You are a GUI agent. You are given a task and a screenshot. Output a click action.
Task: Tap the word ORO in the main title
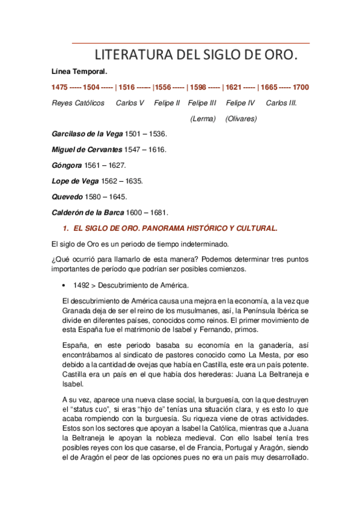[x=278, y=56]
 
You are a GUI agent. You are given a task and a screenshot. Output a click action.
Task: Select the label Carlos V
[x=130, y=103]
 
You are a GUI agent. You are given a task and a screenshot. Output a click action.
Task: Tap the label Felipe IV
[x=240, y=103]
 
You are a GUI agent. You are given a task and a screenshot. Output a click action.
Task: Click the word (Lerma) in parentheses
[x=203, y=118]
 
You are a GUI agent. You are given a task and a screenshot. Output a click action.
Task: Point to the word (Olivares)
[x=241, y=118]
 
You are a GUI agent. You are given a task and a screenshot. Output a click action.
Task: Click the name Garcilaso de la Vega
[x=87, y=134]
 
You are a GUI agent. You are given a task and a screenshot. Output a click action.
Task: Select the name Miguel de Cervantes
[x=87, y=149]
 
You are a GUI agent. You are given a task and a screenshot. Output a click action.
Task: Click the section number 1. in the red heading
[x=66, y=229]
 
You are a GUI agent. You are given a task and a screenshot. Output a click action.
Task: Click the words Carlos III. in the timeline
[x=281, y=103]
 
